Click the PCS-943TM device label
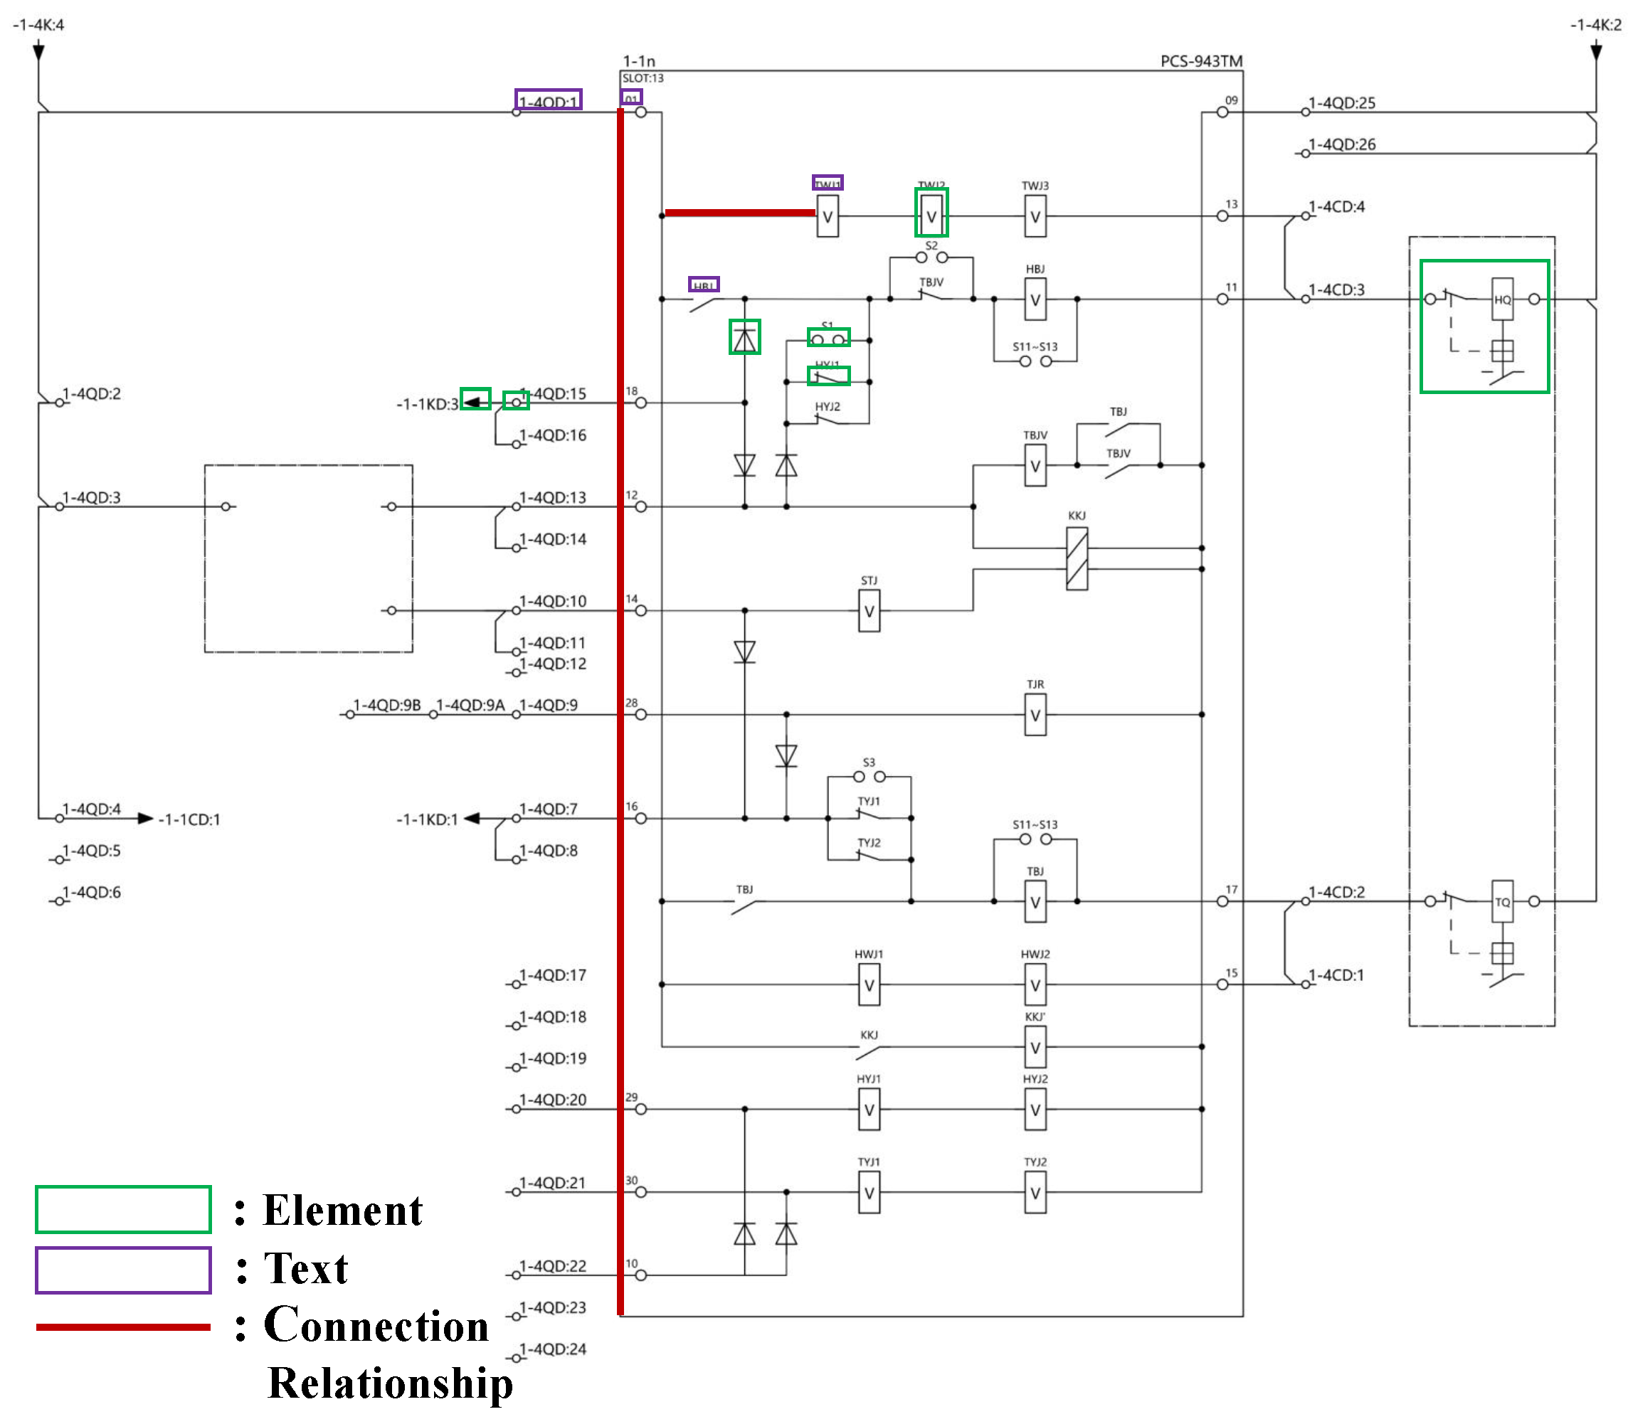click(x=1200, y=61)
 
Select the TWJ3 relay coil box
click(x=1035, y=217)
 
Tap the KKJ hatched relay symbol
click(x=1077, y=559)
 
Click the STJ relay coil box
click(x=869, y=611)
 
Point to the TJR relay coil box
click(x=1035, y=715)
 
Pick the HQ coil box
click(x=1502, y=299)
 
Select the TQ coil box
click(x=1502, y=901)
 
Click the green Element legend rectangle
click(x=123, y=1209)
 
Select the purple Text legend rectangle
click(x=123, y=1270)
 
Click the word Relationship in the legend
click(x=389, y=1383)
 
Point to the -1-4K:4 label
click(x=38, y=25)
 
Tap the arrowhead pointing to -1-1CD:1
click(x=144, y=819)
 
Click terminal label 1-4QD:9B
click(x=386, y=705)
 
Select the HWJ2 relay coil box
click(x=1035, y=985)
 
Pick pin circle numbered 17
click(x=1222, y=901)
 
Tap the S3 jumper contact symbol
click(x=869, y=776)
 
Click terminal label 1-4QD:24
click(x=553, y=1349)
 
